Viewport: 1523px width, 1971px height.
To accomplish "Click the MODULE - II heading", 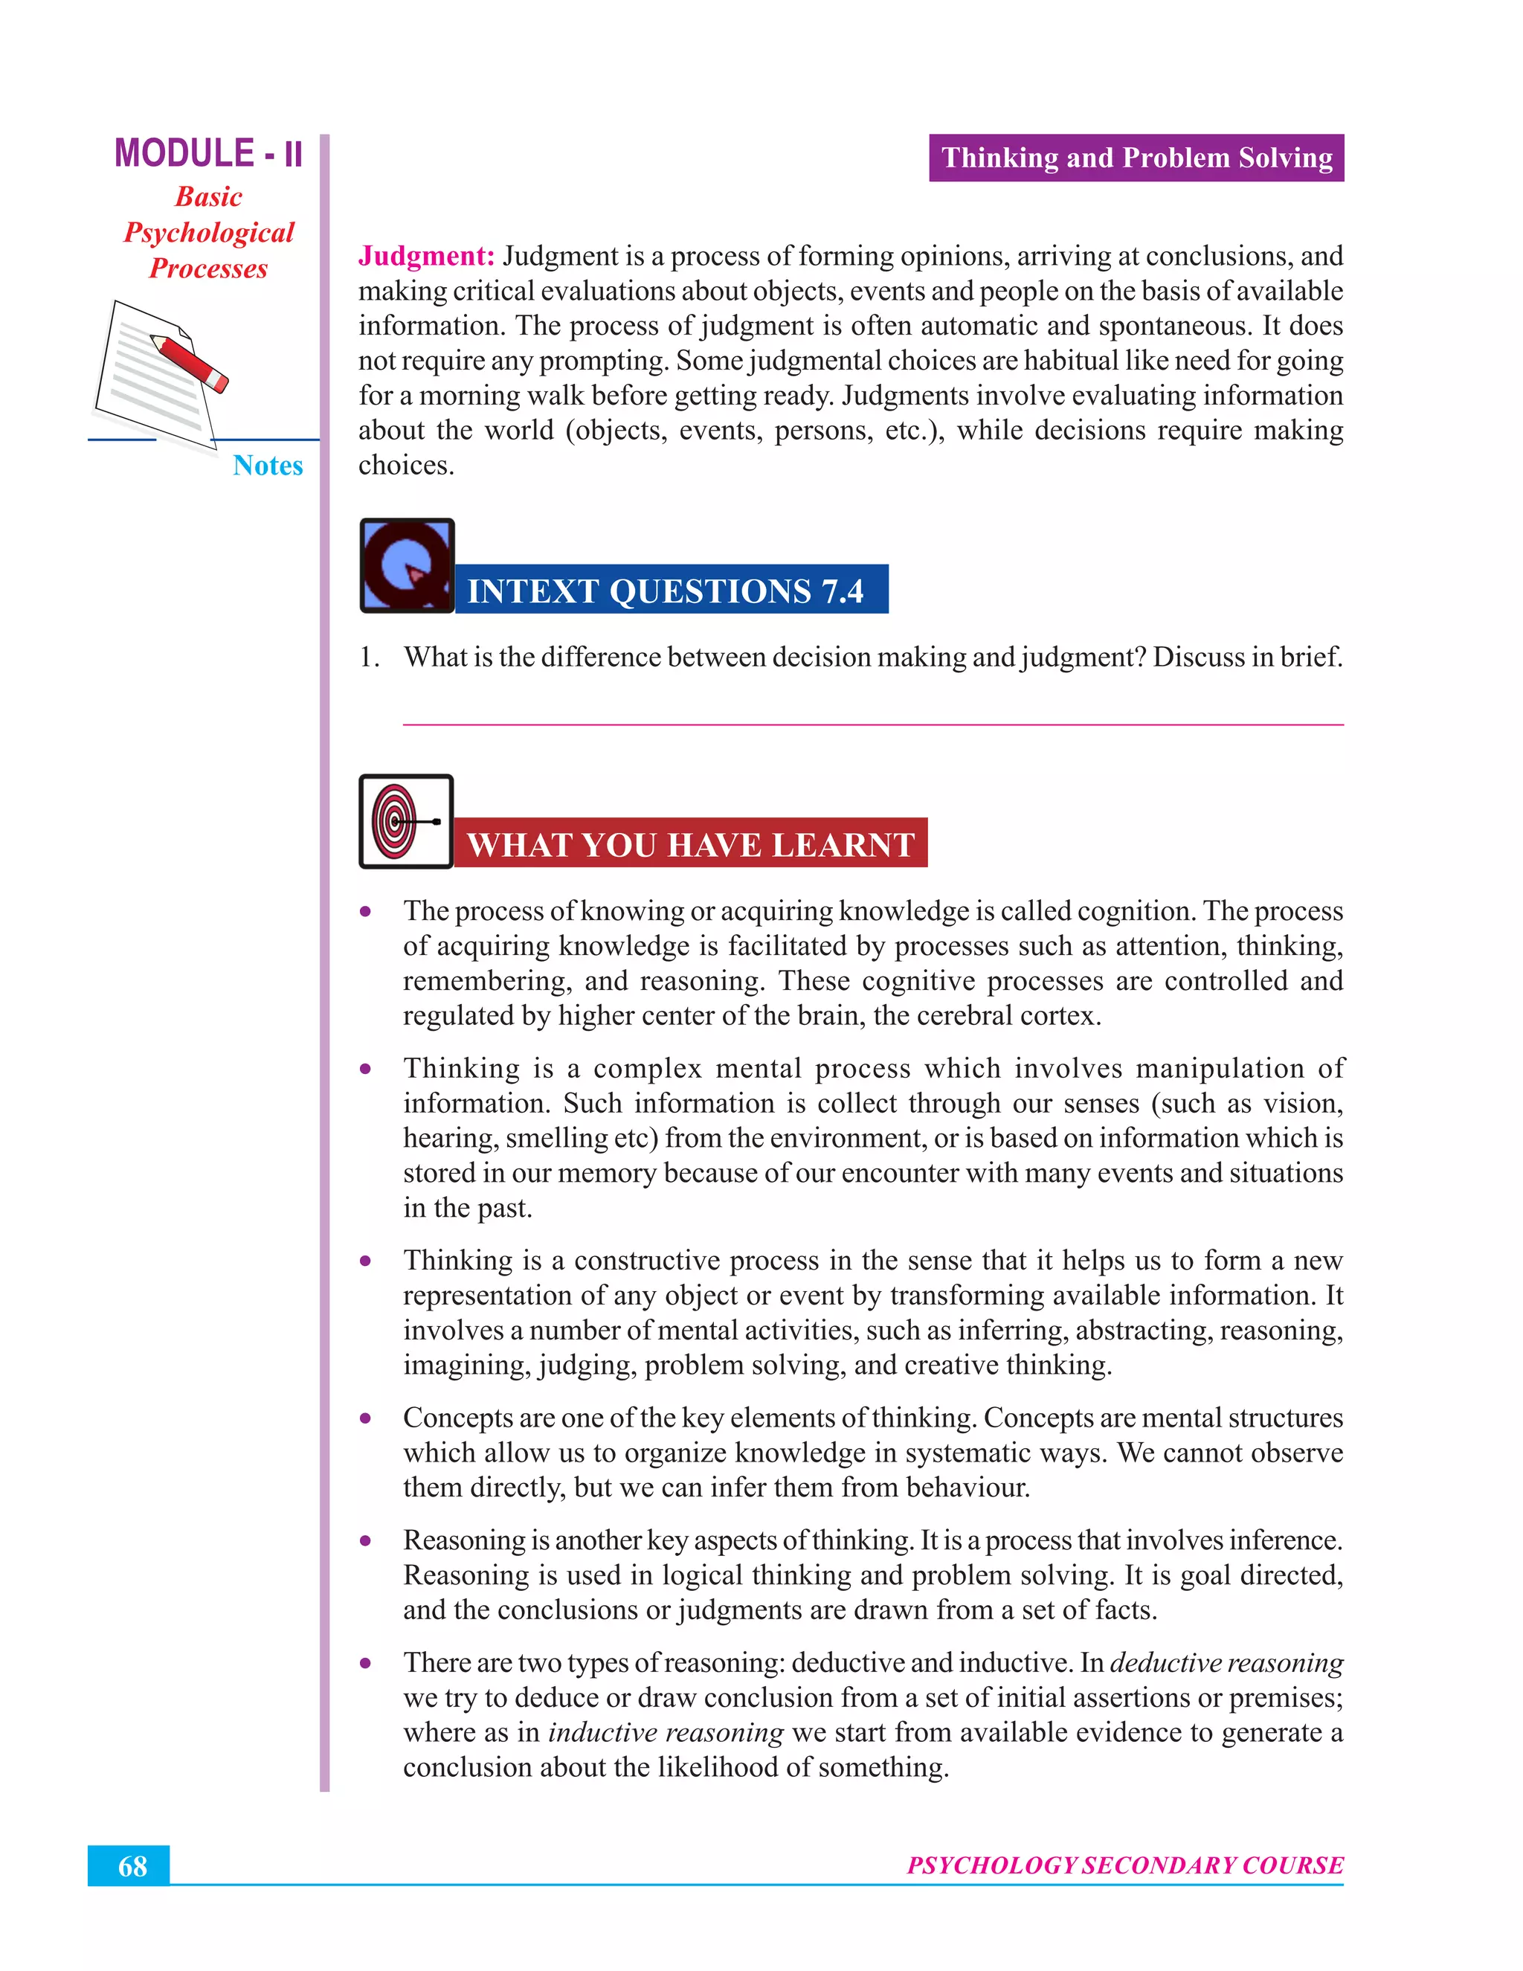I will pos(208,153).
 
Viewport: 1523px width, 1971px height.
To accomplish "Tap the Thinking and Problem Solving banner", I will pos(1136,158).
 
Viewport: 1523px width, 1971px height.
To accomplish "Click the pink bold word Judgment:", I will pos(426,257).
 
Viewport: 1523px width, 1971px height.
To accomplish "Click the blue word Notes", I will pos(267,466).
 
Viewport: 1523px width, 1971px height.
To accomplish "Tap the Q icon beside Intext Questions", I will pos(407,566).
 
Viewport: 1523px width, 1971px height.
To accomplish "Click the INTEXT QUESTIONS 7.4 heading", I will pos(666,591).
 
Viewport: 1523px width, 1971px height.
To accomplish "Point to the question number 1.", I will pos(367,657).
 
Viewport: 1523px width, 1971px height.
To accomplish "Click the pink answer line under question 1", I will pos(872,724).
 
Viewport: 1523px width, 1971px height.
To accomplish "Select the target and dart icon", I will pos(406,821).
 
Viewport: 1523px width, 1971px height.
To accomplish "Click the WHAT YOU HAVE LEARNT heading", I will pos(690,845).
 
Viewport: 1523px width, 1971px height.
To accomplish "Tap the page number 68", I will pos(132,1866).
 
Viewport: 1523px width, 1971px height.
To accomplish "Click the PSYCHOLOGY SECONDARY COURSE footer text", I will pos(1124,1865).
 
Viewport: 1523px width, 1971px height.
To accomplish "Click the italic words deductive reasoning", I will pos(1226,1662).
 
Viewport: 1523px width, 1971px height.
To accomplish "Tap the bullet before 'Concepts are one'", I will pos(365,1418).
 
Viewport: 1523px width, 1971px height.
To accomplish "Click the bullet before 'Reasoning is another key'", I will pos(365,1540).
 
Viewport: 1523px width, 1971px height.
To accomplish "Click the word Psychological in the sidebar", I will pos(208,233).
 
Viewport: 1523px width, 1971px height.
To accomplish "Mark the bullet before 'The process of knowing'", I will pos(365,912).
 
